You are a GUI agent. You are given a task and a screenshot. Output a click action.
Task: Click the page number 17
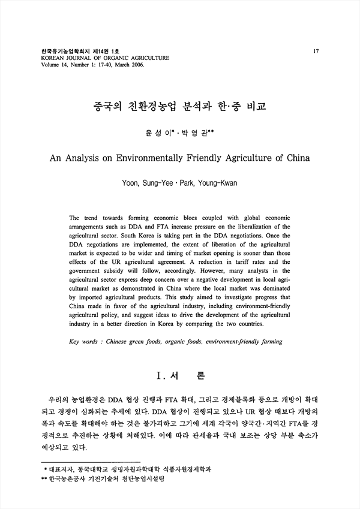(316, 51)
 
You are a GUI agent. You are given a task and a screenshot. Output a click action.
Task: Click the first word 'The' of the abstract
(76, 218)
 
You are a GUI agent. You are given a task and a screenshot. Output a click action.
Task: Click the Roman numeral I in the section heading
(159, 377)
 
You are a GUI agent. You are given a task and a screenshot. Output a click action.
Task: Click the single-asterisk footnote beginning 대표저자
(129, 468)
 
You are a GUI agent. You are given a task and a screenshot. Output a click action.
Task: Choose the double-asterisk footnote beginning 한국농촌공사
(108, 480)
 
